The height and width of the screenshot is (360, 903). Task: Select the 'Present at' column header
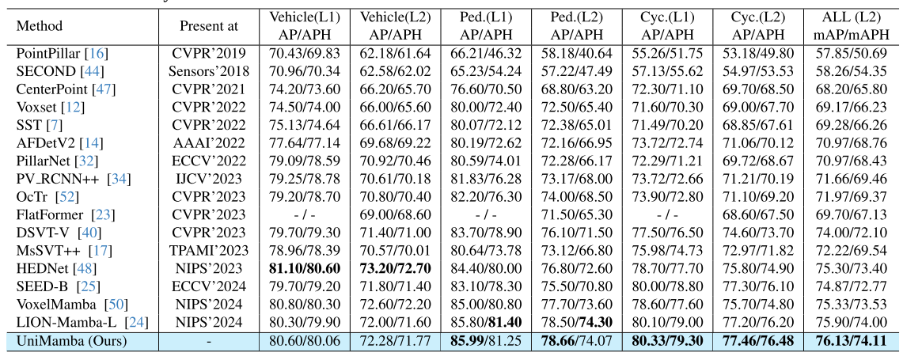point(209,25)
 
